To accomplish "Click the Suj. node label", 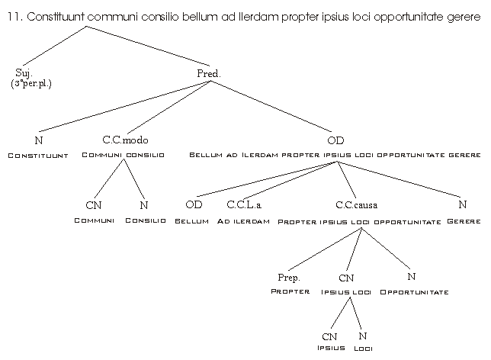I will [24, 72].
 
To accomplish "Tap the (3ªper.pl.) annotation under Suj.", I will [31, 82].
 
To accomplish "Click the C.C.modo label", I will [124, 140].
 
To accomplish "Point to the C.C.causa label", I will [356, 204].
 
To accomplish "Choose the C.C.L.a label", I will [244, 204].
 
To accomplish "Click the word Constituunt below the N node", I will [38, 156].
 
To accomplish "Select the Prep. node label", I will [289, 278].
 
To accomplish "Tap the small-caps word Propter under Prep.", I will [290, 292].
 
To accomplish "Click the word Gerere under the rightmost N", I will [464, 221].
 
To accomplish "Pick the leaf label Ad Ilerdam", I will [243, 221].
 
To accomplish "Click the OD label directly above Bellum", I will [194, 204].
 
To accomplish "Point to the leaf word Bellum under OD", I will [191, 221].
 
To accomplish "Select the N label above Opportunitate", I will [411, 277].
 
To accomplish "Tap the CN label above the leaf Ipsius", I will [329, 336].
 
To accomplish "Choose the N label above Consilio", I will [144, 204].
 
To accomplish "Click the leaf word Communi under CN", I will [94, 220].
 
